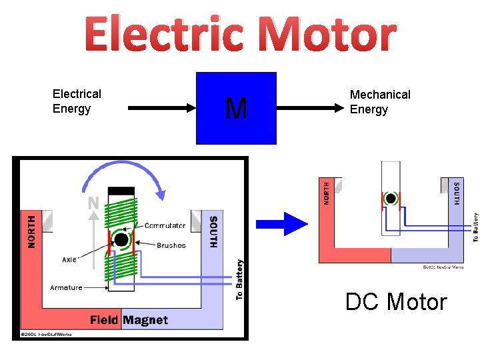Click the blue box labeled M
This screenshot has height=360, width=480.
click(x=236, y=108)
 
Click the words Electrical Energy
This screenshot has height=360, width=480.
click(x=77, y=101)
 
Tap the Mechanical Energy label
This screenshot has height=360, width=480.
click(x=380, y=102)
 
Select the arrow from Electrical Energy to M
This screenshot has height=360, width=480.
click(x=160, y=107)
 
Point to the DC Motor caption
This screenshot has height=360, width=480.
click(x=396, y=302)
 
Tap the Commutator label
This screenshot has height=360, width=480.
click(x=165, y=226)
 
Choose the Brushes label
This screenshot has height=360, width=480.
click(x=171, y=245)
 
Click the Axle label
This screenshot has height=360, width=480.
click(x=70, y=259)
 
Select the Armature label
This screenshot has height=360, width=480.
click(x=66, y=287)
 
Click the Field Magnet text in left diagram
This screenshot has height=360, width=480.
click(x=129, y=320)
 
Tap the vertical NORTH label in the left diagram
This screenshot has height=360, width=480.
click(x=31, y=231)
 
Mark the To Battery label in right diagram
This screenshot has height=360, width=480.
click(x=475, y=227)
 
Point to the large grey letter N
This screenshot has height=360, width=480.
click(x=93, y=202)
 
